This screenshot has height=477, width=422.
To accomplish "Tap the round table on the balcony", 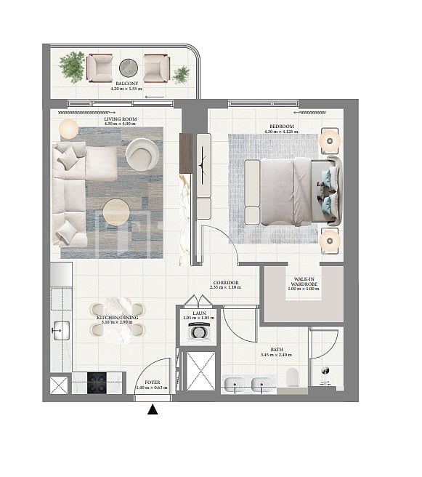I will point(129,68).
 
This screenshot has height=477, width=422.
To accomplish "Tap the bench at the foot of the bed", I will point(252,192).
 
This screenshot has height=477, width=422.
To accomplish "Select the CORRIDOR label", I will point(224,284).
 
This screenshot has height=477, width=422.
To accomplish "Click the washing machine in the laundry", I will point(198,332).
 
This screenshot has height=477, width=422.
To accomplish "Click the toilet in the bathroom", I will point(293,377).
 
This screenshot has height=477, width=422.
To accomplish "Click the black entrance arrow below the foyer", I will point(153,410).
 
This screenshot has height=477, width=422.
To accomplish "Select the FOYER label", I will point(152,382).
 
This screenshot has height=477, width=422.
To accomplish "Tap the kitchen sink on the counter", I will point(60,332).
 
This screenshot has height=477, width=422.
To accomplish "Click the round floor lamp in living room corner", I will point(68,129).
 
